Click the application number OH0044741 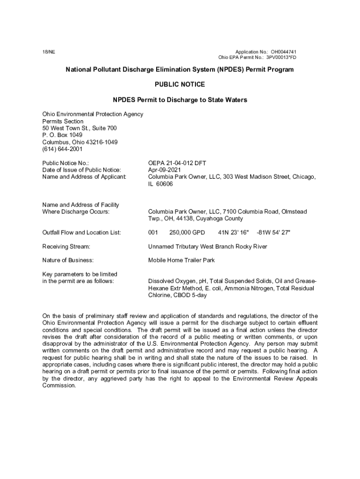pos(283,51)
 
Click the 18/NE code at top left pos(49,51)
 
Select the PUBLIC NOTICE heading pos(180,85)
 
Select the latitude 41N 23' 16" pos(233,232)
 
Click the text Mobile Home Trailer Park pos(181,260)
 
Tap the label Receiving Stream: pos(66,247)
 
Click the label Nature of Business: pos(68,260)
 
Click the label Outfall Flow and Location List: pos(81,232)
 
